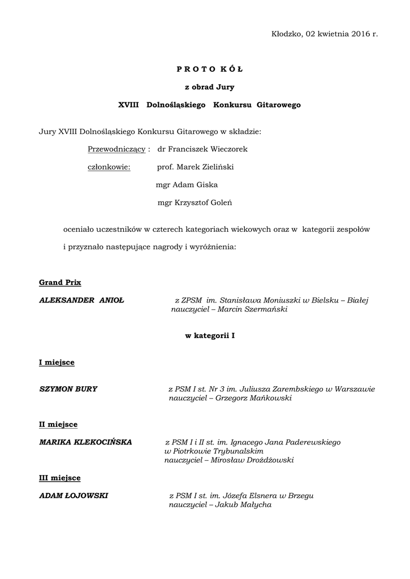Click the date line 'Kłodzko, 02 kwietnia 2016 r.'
[x=324, y=34]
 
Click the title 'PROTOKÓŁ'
[x=209, y=69]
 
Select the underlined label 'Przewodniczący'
[x=116, y=149]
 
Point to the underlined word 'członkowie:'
[x=109, y=167]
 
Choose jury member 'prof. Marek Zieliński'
[x=195, y=167]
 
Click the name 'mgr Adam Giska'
[x=186, y=184]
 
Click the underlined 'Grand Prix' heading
[x=59, y=282]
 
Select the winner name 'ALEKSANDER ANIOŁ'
[x=82, y=300]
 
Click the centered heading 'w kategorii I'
[x=210, y=336]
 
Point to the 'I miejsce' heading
[x=57, y=362]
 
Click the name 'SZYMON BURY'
[x=68, y=389]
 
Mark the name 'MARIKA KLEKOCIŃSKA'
[x=85, y=442]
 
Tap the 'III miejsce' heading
[x=59, y=478]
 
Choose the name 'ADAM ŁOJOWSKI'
[x=74, y=495]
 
